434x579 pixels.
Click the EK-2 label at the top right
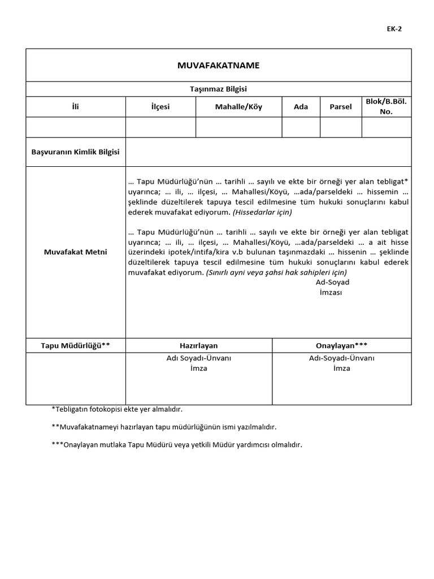395,30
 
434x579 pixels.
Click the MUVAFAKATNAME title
218,66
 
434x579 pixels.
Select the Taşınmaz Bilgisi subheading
218,89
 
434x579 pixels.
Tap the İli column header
75,107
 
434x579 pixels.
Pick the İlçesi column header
160,107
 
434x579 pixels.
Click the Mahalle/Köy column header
238,107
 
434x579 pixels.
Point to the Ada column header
301,107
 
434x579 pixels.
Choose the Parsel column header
340,107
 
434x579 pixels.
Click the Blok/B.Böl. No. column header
386,107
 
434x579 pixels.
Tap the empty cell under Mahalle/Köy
238,127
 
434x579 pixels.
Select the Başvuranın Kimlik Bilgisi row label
75,153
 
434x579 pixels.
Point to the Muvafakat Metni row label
75,252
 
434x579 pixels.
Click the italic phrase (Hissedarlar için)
262,213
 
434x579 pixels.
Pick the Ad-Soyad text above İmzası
332,282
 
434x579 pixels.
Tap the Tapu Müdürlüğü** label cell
75,345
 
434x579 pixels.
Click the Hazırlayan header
198,345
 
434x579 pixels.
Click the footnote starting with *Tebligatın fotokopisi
117,409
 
